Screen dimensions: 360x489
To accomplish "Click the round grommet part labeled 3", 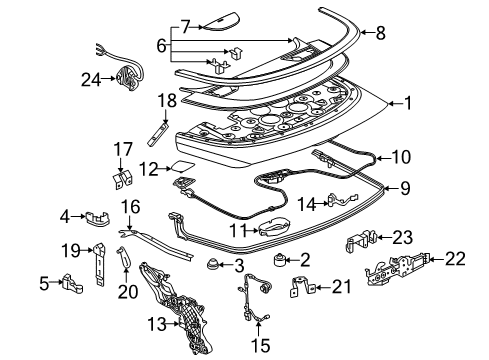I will coord(212,267).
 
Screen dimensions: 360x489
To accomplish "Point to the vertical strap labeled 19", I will coord(100,267).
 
